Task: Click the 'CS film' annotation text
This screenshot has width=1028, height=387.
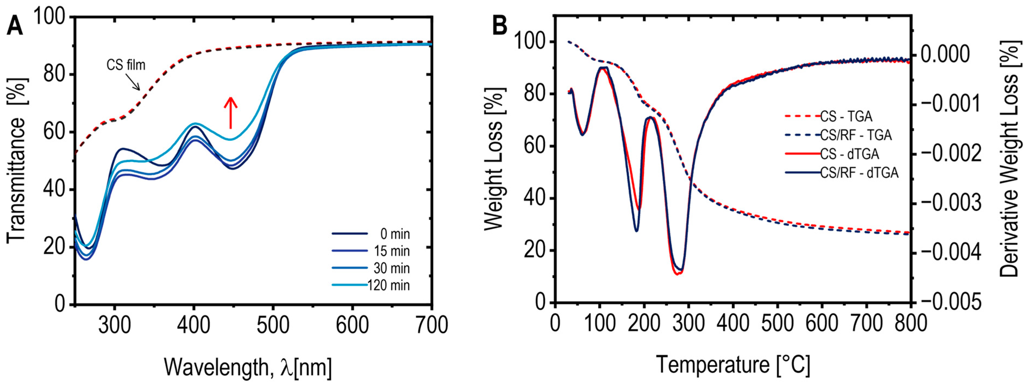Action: tap(126, 65)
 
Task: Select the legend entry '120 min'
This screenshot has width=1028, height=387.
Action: tap(388, 285)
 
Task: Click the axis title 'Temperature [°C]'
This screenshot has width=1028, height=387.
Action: tap(733, 364)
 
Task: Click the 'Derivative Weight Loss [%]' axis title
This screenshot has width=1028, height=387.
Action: tap(1009, 160)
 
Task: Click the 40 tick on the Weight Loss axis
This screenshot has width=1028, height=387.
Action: tap(535, 199)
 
